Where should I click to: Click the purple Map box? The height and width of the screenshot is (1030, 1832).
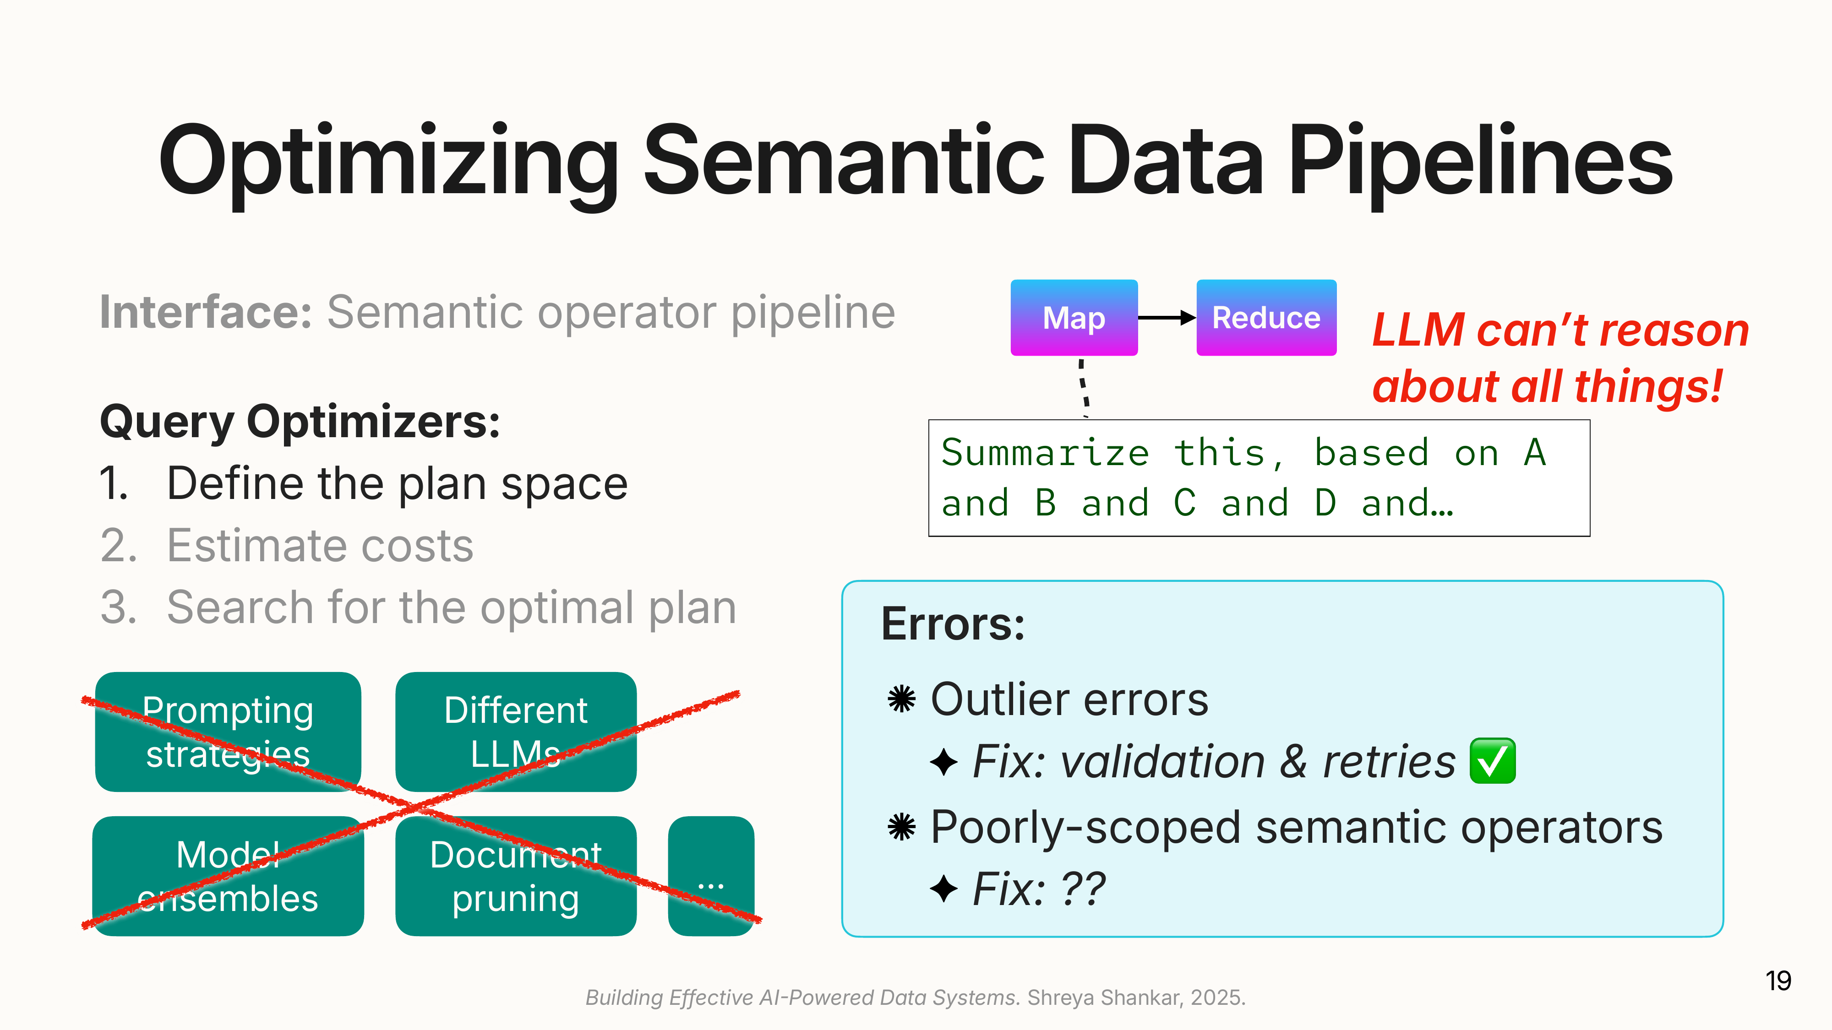click(x=1074, y=318)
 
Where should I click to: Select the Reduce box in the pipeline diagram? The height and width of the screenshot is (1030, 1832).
click(x=1266, y=318)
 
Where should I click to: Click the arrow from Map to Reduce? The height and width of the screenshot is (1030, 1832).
click(x=1167, y=318)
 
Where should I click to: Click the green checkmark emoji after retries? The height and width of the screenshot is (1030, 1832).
click(x=1492, y=761)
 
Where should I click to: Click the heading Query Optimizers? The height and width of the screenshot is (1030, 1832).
click(x=300, y=422)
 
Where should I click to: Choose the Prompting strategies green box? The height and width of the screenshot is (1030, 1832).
click(x=228, y=732)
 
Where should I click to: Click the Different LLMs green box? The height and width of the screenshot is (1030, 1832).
click(x=516, y=732)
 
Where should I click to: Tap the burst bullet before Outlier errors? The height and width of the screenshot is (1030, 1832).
click(x=901, y=699)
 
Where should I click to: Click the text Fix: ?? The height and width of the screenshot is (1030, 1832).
click(x=1038, y=889)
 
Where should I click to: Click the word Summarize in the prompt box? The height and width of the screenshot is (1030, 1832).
click(x=1045, y=453)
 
